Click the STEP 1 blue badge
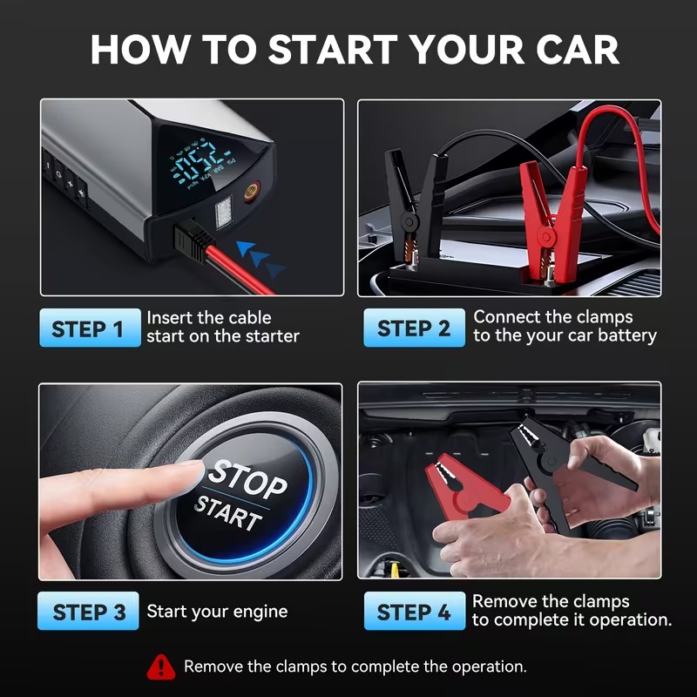[x=91, y=328]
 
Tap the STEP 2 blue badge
[x=415, y=328]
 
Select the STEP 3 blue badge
[x=88, y=611]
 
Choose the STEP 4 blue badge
[x=415, y=611]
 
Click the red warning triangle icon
[x=161, y=667]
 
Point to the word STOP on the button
[x=247, y=478]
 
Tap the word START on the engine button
[x=228, y=512]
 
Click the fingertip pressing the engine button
[x=189, y=477]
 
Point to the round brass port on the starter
[x=251, y=192]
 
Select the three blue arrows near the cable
[x=261, y=259]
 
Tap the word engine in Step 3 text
[x=261, y=612]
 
